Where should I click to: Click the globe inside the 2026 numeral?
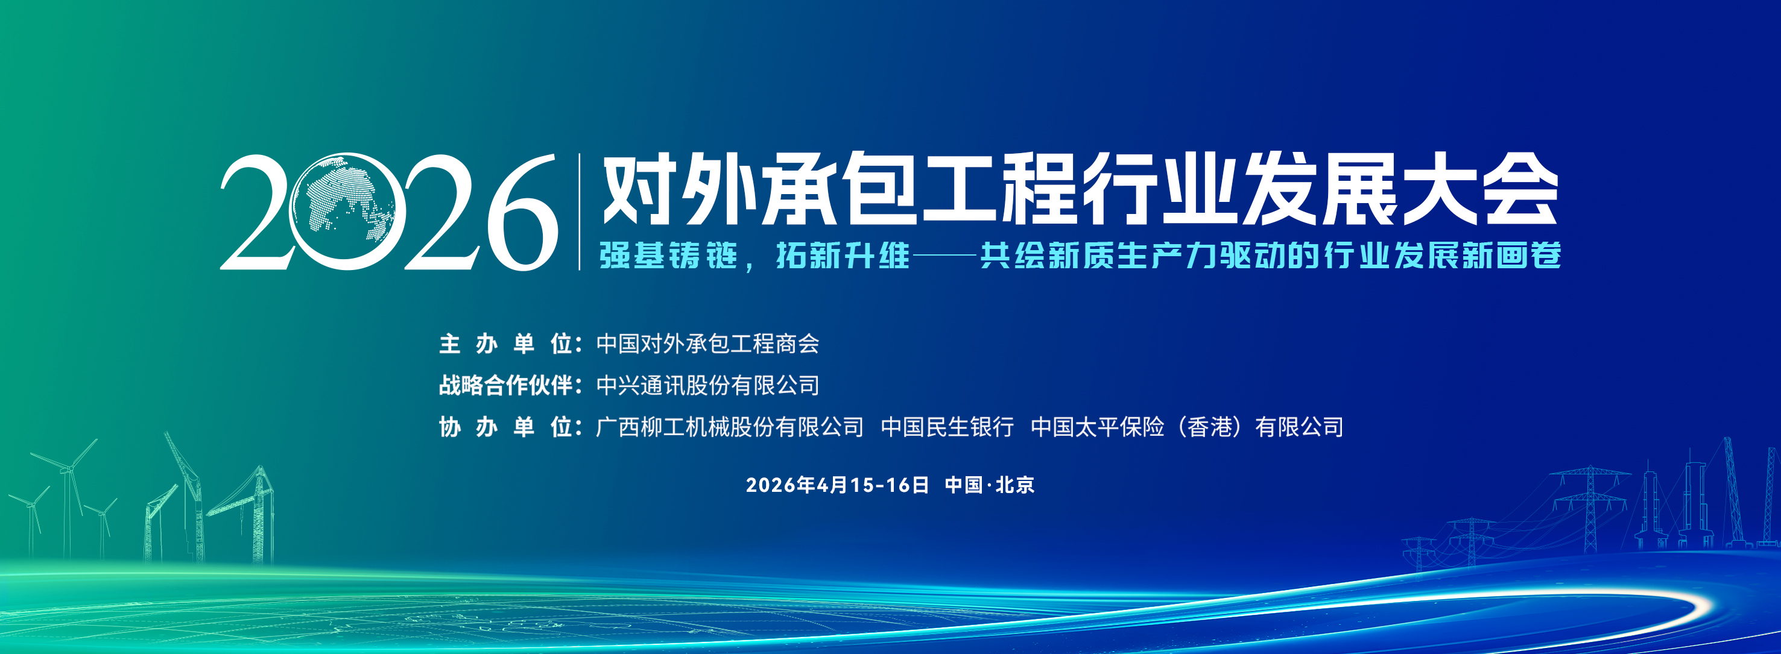tap(343, 210)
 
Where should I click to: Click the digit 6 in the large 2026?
tap(521, 212)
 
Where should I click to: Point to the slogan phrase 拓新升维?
tap(842, 255)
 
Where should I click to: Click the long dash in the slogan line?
tap(944, 256)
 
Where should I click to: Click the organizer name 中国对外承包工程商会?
tap(707, 344)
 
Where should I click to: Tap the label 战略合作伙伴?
tap(506, 385)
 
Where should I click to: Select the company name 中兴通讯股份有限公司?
tap(707, 385)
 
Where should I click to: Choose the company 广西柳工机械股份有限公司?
tap(729, 427)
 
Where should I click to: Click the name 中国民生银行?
tap(947, 427)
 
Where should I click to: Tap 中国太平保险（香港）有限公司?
tap(1187, 427)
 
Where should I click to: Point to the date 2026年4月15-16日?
tap(837, 485)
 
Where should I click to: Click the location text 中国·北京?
tap(989, 485)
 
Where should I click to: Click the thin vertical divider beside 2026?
tap(580, 212)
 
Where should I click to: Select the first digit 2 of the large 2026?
tap(255, 212)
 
